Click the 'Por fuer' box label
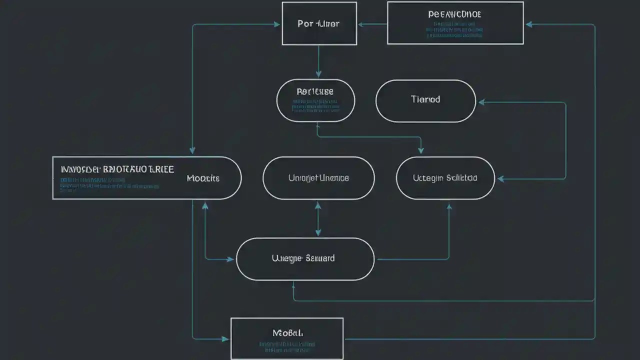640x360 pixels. click(x=318, y=23)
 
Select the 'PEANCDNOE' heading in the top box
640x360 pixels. click(x=454, y=14)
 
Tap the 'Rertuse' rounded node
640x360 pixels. click(x=315, y=92)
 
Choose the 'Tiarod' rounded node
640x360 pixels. click(x=425, y=99)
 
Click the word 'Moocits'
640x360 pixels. click(x=203, y=178)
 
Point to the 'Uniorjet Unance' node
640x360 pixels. click(x=318, y=178)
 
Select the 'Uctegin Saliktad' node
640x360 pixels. click(x=445, y=178)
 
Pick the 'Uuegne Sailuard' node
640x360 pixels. click(x=303, y=258)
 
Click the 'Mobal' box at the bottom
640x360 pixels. click(x=287, y=332)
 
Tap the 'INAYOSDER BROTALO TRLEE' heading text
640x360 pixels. click(x=117, y=169)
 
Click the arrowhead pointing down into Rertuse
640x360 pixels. click(x=318, y=74)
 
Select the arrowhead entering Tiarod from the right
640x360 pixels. click(x=481, y=102)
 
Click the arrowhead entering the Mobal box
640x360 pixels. click(x=225, y=339)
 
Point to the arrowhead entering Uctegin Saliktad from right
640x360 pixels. click(x=500, y=178)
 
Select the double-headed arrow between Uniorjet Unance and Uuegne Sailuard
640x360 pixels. click(x=318, y=218)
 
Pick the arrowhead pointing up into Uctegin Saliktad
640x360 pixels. click(x=448, y=205)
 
